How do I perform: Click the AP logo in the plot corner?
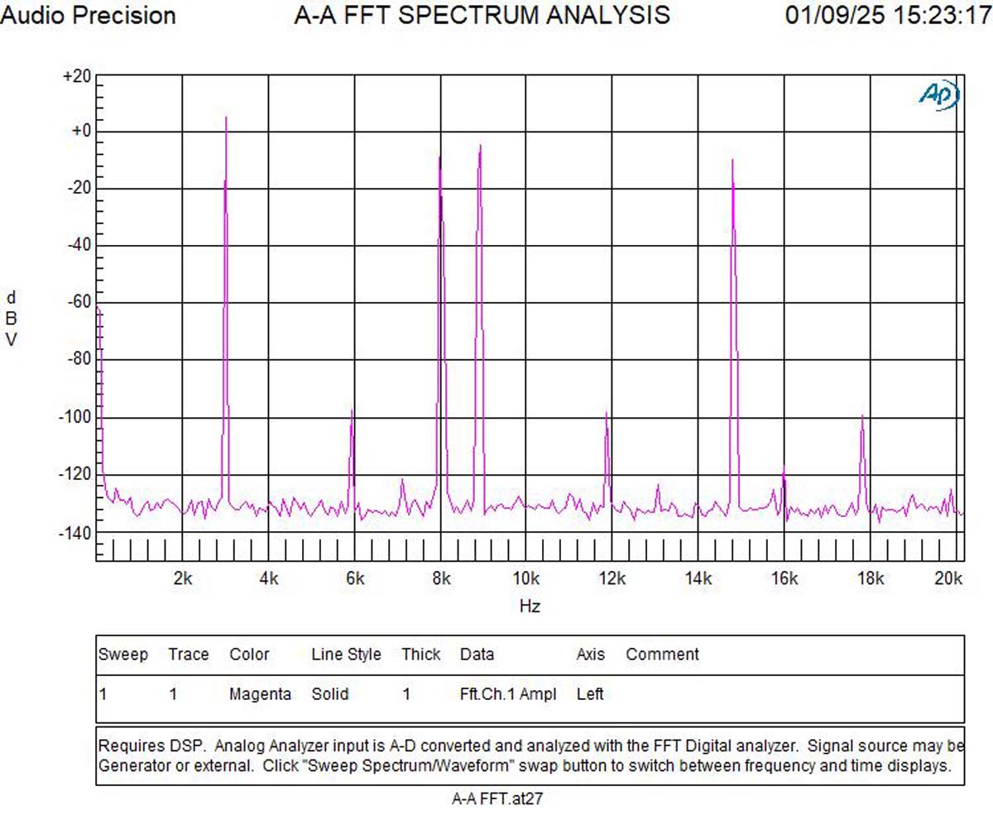[x=939, y=94]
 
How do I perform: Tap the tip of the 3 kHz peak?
[x=226, y=118]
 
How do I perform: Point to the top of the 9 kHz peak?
[x=480, y=146]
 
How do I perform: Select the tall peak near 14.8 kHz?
[x=733, y=161]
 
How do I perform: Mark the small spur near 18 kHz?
[x=862, y=416]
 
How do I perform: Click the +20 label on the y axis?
[x=76, y=76]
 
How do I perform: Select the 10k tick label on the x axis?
[x=526, y=578]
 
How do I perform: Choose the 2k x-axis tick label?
[x=183, y=578]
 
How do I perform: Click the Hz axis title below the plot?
[x=530, y=606]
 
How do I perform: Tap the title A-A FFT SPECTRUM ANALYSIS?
[x=482, y=15]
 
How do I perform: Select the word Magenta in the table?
[x=260, y=694]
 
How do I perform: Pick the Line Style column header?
[x=346, y=654]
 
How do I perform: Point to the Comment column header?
[x=662, y=654]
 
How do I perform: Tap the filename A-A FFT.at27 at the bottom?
[x=496, y=798]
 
